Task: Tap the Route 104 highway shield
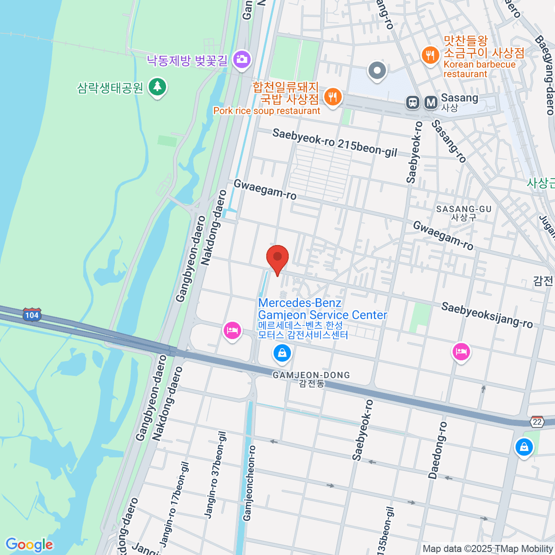pos(32,315)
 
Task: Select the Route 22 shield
pos(537,422)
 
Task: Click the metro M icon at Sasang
pos(431,102)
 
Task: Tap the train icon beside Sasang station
pos(412,102)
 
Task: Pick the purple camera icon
pos(241,59)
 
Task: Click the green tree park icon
pos(158,87)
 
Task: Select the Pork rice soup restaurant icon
pos(332,97)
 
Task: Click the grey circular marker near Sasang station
pos(377,71)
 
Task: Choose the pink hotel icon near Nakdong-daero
pos(232,331)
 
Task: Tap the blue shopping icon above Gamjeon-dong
pos(282,354)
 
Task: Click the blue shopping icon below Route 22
pos(524,447)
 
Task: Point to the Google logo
pos(29,545)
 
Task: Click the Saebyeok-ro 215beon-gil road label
pos(335,142)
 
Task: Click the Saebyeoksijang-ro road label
pos(487,315)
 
